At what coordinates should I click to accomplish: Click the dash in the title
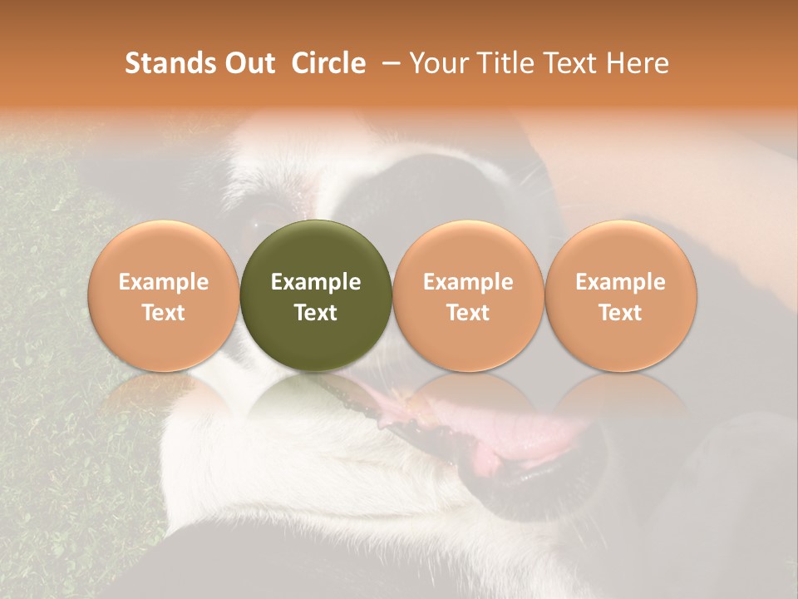click(387, 63)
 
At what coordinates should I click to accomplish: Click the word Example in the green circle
click(316, 282)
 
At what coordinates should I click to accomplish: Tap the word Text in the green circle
click(316, 313)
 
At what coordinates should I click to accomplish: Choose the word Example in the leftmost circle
click(164, 282)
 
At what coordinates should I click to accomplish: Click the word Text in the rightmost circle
click(621, 313)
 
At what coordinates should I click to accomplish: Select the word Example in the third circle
click(468, 282)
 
